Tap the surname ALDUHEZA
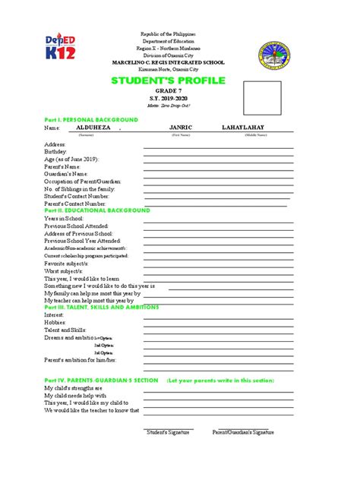[93, 128]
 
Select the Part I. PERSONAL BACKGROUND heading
[90, 120]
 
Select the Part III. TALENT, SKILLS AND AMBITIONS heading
[101, 307]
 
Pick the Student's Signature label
[169, 432]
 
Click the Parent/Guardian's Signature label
[243, 432]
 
